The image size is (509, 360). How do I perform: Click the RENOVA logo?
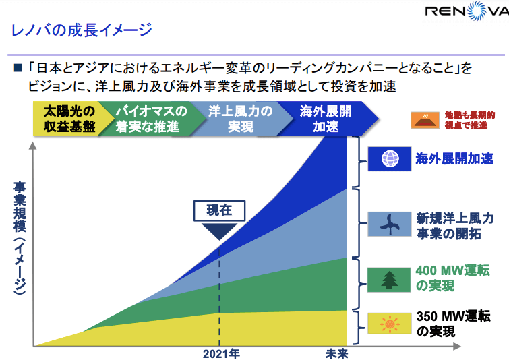click(466, 12)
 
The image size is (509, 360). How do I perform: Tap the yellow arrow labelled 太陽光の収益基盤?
click(68, 119)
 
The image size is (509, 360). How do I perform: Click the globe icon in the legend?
click(390, 158)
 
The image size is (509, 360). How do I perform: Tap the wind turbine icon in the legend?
click(390, 224)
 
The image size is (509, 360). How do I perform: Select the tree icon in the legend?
click(390, 277)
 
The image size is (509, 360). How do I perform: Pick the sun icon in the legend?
click(390, 324)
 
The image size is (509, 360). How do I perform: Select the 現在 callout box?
click(219, 211)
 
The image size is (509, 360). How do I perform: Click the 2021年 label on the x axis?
click(220, 353)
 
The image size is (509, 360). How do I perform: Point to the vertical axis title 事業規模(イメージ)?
click(20, 236)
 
